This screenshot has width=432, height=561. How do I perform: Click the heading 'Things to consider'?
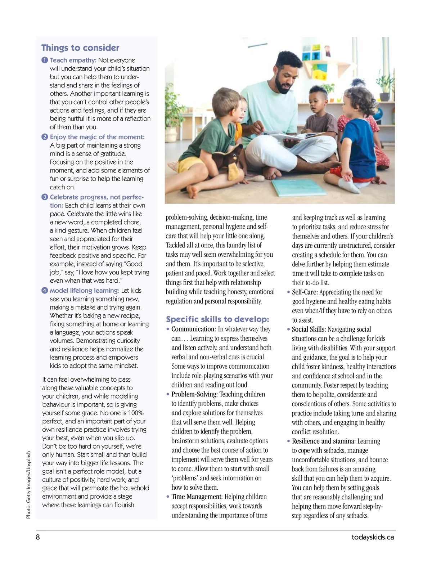pos(80,48)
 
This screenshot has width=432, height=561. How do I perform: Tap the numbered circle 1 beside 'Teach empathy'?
pos(45,60)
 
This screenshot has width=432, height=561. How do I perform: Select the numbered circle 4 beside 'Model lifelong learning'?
pos(45,291)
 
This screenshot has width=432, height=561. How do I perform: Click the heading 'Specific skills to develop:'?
pos(217,319)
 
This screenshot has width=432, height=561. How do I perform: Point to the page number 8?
pos(38,537)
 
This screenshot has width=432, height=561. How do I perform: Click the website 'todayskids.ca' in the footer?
pos(373,537)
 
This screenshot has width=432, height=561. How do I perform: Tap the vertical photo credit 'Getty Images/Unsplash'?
pos(28,485)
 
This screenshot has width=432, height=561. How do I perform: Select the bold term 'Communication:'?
pos(194,329)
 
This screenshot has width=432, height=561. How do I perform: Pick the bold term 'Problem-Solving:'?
pos(194,394)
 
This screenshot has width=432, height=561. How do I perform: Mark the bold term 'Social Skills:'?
pos(309,329)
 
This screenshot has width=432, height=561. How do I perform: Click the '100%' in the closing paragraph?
pos(136,413)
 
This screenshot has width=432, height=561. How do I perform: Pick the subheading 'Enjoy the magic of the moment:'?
pos(97,137)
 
